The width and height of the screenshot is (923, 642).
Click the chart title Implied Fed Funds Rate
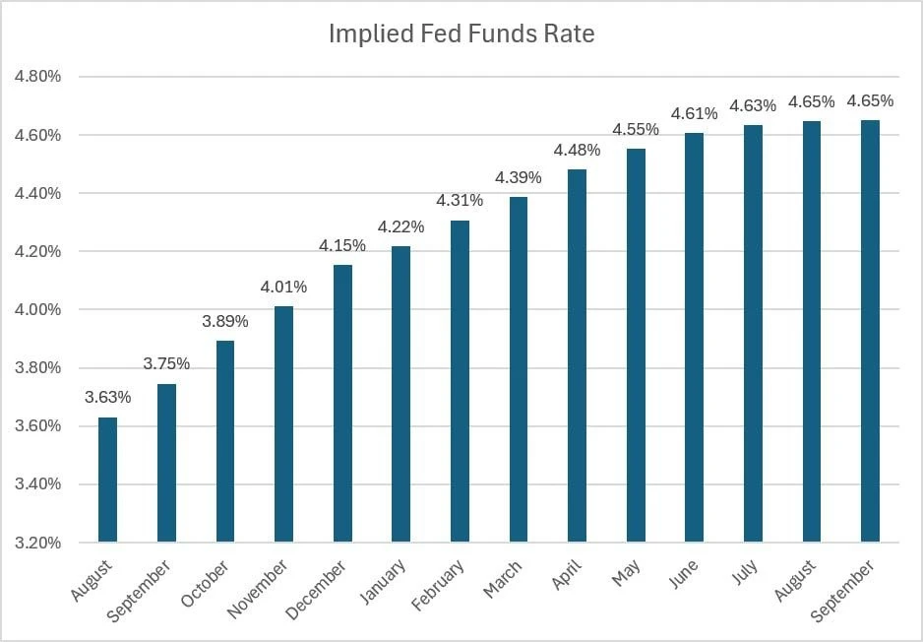(461, 33)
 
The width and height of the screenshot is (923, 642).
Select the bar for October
(225, 441)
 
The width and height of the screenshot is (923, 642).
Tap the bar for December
(342, 404)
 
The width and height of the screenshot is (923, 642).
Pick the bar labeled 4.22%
(400, 394)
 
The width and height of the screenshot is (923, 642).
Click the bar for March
(519, 369)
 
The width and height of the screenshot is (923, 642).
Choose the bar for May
(636, 346)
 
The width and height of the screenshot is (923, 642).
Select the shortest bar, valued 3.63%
(107, 480)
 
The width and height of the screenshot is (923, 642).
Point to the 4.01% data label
(283, 287)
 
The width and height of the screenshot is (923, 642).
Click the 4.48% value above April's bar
(577, 151)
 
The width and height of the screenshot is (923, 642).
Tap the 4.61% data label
(695, 113)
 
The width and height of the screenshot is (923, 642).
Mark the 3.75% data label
(166, 364)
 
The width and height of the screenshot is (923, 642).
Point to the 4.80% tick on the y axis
(38, 77)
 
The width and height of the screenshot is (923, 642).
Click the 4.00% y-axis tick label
(38, 310)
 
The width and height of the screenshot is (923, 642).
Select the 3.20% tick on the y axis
(38, 543)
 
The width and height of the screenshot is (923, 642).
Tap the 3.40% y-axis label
(38, 484)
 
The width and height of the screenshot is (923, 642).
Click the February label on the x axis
(438, 584)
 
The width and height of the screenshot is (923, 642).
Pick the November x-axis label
(258, 589)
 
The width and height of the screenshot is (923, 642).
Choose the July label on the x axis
(745, 572)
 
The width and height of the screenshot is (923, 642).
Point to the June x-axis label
(684, 574)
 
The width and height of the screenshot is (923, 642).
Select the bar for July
(753, 334)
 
